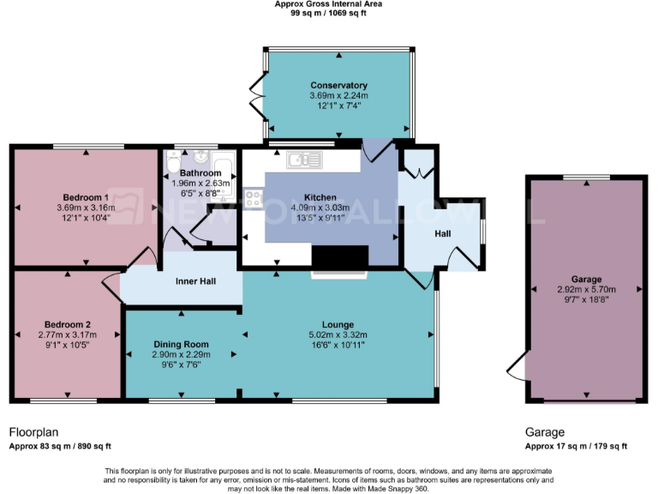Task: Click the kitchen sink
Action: [303, 160]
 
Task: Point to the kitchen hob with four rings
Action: [254, 199]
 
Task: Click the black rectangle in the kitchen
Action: [340, 257]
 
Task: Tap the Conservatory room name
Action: [338, 86]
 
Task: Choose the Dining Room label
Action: [181, 344]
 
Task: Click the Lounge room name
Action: [338, 324]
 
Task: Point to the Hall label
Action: [442, 233]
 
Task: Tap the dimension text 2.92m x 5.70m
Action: [586, 290]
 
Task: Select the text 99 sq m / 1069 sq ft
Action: [329, 13]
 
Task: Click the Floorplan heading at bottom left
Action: [34, 432]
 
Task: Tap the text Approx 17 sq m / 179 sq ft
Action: [576, 446]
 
